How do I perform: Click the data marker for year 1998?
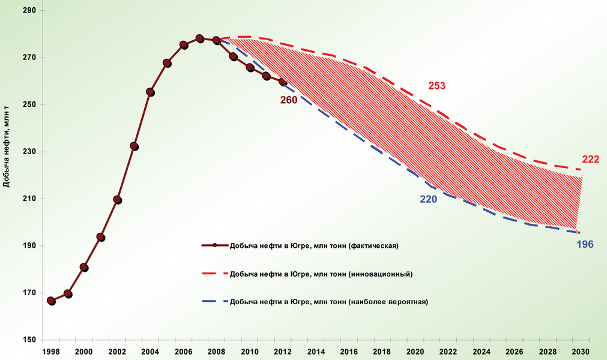(x=51, y=301)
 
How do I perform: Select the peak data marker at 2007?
(x=200, y=38)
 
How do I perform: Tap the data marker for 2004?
(x=150, y=92)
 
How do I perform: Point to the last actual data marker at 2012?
(x=283, y=82)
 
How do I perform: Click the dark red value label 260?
(x=288, y=100)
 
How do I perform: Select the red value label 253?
(x=436, y=86)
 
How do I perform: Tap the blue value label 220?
(x=428, y=199)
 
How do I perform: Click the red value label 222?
(x=591, y=159)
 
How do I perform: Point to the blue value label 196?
(x=585, y=244)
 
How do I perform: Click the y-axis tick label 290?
(x=28, y=11)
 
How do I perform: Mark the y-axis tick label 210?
(x=28, y=199)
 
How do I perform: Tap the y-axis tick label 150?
(x=28, y=340)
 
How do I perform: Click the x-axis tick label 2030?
(x=580, y=351)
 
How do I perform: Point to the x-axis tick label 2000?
(x=83, y=351)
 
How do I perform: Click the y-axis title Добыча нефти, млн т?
(x=7, y=146)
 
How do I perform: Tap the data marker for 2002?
(x=118, y=200)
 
